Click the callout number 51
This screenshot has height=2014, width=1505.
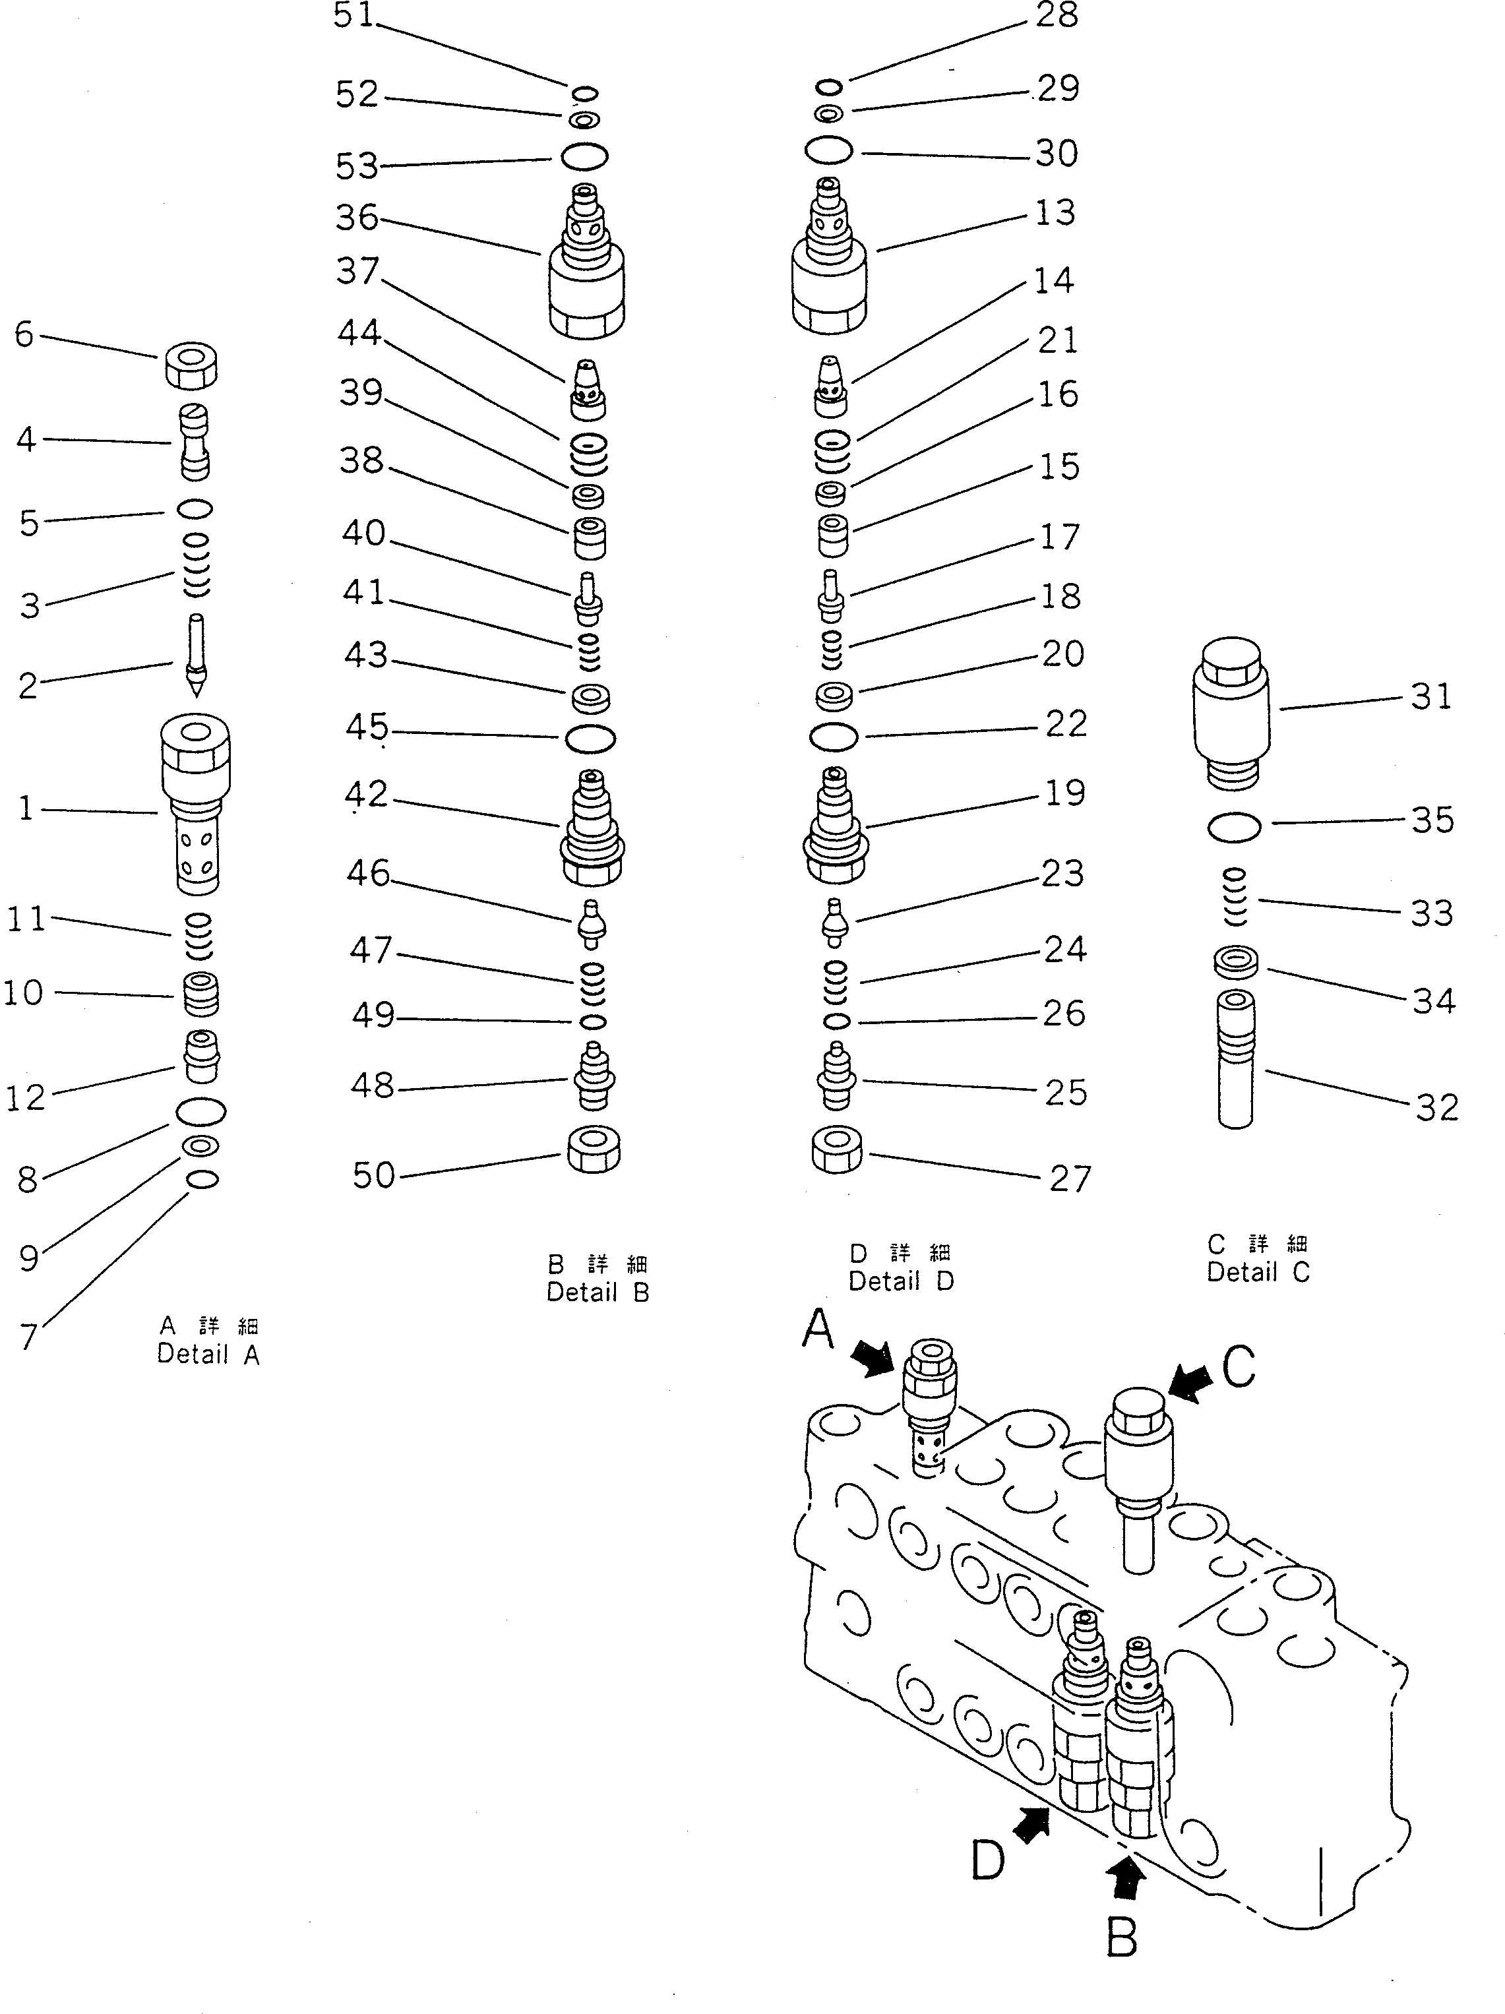(353, 15)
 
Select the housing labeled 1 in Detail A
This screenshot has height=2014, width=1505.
(194, 801)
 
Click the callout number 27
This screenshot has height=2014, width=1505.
(1069, 1179)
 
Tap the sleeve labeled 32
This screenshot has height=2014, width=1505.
(1235, 1060)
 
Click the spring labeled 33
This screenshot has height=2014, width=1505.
(1234, 897)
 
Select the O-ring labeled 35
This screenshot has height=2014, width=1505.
(1234, 827)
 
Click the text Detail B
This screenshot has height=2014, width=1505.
(598, 1293)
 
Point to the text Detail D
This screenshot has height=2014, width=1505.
(900, 1281)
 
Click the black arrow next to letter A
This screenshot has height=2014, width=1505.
(873, 1360)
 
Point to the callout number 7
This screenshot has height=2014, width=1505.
(29, 1337)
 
